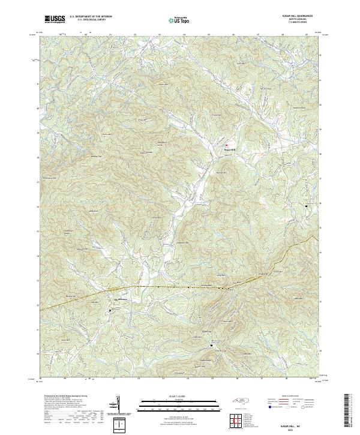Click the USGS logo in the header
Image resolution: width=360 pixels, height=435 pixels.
(55, 19)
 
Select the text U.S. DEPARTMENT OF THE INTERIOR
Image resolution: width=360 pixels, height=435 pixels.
(91, 17)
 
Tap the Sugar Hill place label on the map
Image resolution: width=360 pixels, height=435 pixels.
(231, 149)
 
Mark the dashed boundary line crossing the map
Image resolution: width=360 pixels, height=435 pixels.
(180, 287)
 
